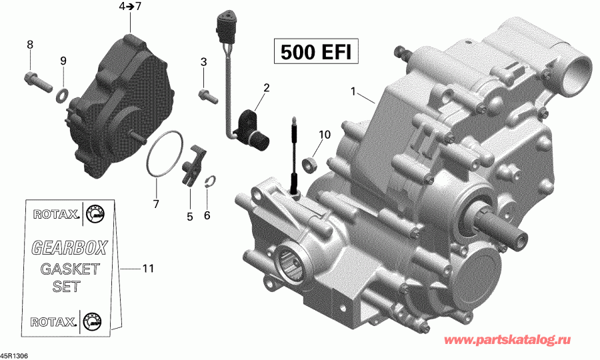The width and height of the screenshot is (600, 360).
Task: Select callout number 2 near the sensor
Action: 266,87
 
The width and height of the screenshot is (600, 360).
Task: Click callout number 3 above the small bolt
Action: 204,63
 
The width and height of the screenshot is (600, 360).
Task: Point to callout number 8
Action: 29,45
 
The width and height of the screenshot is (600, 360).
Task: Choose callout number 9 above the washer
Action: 63,61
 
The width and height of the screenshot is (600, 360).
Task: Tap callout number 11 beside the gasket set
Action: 147,268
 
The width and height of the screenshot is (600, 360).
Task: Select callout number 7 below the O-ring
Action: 156,203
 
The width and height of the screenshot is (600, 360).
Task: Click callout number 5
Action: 189,216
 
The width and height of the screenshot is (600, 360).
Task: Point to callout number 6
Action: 207,215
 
